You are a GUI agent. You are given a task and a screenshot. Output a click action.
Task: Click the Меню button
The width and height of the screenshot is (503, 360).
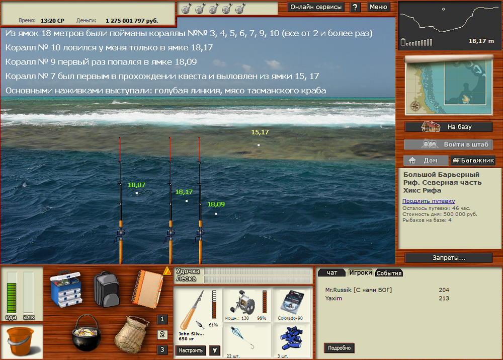click(378, 7)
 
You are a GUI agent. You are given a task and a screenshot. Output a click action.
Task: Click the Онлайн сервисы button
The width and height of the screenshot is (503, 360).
click(316, 7)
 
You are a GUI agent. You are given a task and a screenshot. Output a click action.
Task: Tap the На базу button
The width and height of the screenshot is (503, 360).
click(449, 126)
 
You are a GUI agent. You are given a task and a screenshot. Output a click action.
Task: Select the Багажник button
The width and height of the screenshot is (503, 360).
click(473, 160)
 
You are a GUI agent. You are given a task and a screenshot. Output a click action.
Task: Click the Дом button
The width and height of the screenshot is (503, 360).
click(426, 160)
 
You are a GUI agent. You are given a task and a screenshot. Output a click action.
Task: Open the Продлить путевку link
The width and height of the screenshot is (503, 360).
click(429, 201)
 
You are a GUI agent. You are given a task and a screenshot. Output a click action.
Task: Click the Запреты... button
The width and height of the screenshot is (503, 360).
click(449, 258)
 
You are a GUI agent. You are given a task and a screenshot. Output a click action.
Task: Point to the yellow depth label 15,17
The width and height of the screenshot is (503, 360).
click(260, 132)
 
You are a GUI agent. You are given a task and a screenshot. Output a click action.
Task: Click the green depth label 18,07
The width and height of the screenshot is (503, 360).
click(136, 185)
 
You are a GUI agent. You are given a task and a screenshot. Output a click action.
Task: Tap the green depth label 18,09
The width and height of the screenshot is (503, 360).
click(216, 204)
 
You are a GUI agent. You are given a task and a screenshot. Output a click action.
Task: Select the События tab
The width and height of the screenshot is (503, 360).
click(389, 273)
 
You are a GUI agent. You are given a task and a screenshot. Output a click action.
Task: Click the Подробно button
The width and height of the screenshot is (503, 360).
click(339, 348)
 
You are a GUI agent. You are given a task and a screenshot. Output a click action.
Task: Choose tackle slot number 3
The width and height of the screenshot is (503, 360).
click(162, 350)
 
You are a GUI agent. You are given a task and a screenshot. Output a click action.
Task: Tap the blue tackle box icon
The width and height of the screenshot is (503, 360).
click(66, 289)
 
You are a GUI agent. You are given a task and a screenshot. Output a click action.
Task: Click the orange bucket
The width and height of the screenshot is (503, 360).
click(20, 341)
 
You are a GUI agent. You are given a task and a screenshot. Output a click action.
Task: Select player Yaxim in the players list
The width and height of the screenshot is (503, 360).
click(333, 299)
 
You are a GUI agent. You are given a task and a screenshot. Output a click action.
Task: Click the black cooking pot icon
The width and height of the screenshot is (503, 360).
click(87, 333)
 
